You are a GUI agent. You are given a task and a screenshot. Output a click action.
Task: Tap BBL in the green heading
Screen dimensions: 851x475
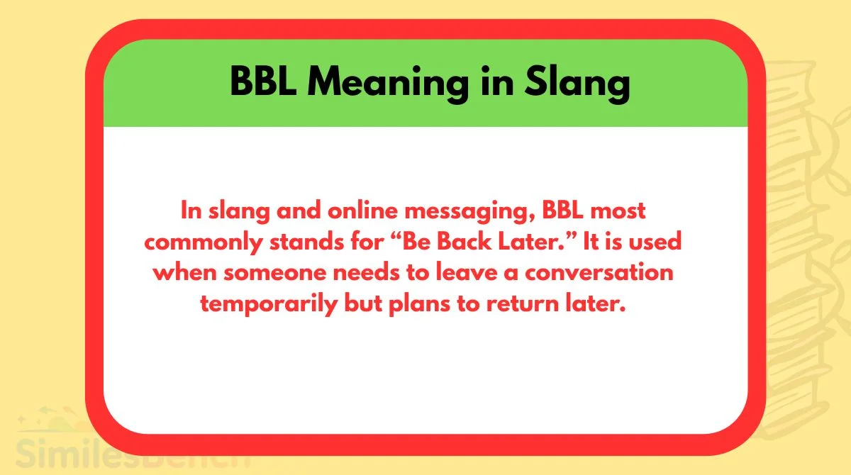click(263, 82)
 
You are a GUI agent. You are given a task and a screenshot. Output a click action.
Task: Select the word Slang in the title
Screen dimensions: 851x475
click(577, 84)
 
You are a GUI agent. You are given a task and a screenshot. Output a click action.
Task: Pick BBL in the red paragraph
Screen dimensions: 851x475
click(562, 211)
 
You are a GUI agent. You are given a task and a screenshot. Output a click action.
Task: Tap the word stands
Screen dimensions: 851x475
click(306, 242)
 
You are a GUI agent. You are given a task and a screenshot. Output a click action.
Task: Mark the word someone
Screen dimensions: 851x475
click(274, 274)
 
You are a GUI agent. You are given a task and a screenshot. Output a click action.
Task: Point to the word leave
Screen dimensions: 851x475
click(467, 273)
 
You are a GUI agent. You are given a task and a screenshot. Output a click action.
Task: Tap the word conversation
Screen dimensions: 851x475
click(599, 273)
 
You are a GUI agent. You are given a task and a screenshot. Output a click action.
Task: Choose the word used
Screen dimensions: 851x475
click(655, 242)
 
